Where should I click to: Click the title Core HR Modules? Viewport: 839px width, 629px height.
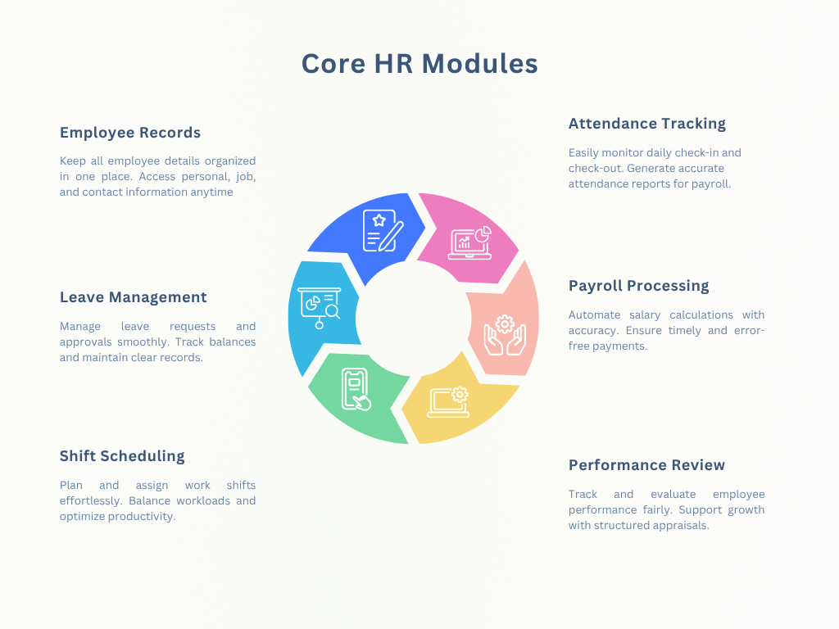[419, 64]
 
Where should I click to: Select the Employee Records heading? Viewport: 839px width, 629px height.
[130, 133]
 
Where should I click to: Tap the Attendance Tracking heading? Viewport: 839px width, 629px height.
[647, 124]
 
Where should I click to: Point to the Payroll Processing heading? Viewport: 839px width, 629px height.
[638, 286]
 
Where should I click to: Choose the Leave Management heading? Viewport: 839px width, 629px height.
[134, 297]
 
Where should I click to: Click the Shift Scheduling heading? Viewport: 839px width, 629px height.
[122, 456]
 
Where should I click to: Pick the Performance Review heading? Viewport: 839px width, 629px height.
[646, 465]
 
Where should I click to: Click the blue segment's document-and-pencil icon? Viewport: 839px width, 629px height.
[383, 230]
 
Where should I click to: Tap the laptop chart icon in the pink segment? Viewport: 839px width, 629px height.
[469, 242]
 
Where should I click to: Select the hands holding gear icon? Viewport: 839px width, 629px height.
[505, 335]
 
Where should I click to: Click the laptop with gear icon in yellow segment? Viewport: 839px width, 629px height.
[448, 401]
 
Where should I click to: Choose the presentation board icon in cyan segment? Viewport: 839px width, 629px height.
[320, 308]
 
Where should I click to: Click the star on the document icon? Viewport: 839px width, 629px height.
[379, 220]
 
